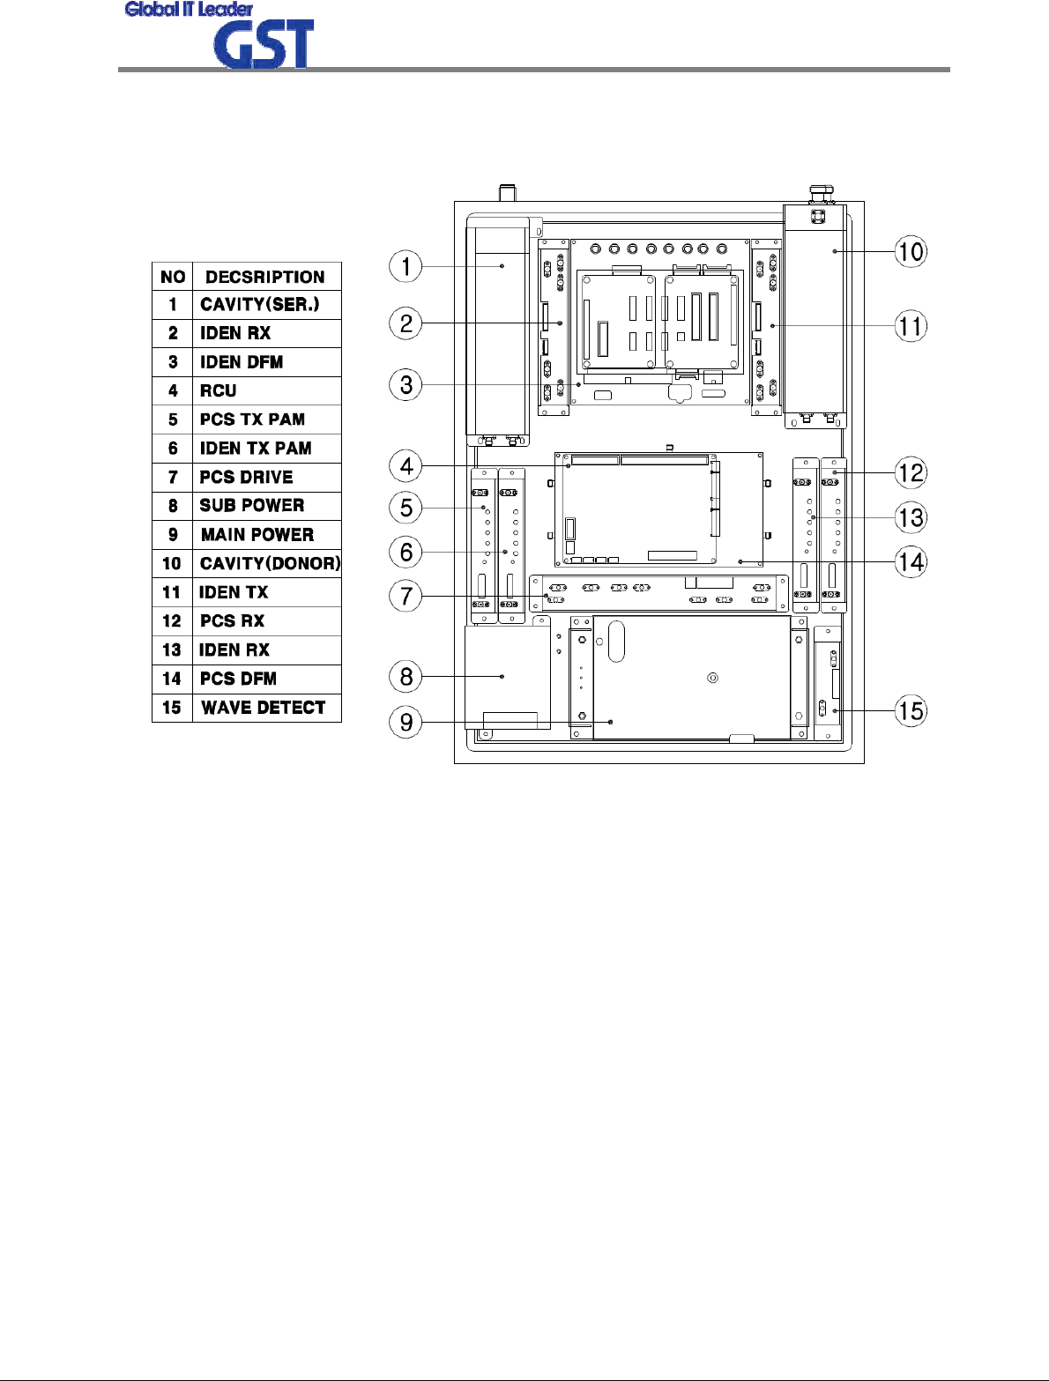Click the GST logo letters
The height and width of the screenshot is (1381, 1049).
264,46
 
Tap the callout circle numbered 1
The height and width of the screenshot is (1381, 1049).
406,266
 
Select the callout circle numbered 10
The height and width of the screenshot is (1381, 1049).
911,252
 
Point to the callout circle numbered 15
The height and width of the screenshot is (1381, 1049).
911,710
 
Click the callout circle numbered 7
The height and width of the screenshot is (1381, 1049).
406,596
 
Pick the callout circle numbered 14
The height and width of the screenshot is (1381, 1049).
911,561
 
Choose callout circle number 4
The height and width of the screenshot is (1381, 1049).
406,466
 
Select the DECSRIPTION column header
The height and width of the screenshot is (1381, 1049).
265,277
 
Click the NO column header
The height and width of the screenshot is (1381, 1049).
173,277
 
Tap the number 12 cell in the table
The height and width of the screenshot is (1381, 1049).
172,621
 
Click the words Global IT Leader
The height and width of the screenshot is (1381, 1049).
189,10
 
